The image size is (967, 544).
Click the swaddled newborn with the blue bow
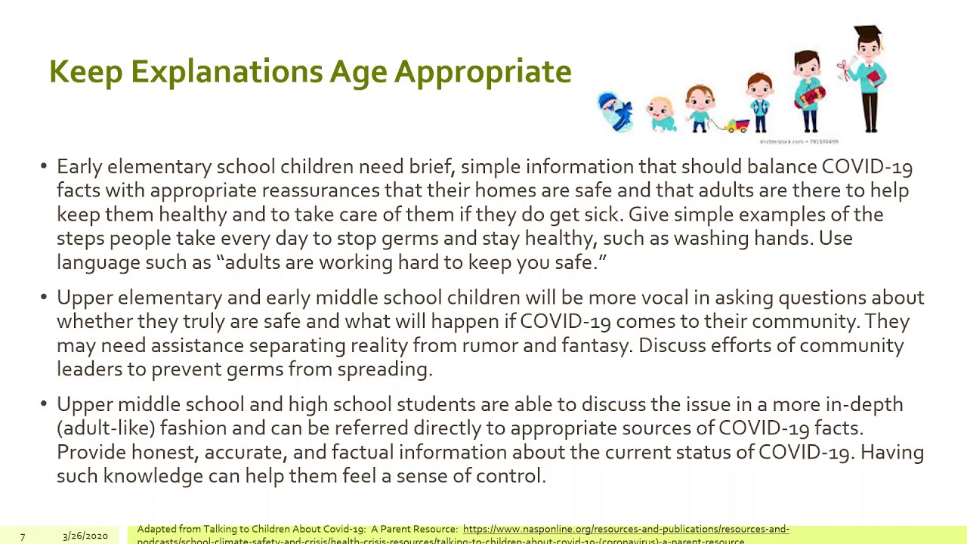616,112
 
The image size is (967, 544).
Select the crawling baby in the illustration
662,114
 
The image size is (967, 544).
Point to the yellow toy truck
737,126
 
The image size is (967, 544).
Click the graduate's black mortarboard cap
867,35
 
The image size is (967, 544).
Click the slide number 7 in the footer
23,536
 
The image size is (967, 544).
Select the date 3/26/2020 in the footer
85,536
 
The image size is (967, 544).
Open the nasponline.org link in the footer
626,530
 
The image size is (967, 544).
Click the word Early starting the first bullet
79,167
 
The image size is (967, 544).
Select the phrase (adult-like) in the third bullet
106,428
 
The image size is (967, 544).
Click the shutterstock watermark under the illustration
799,141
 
